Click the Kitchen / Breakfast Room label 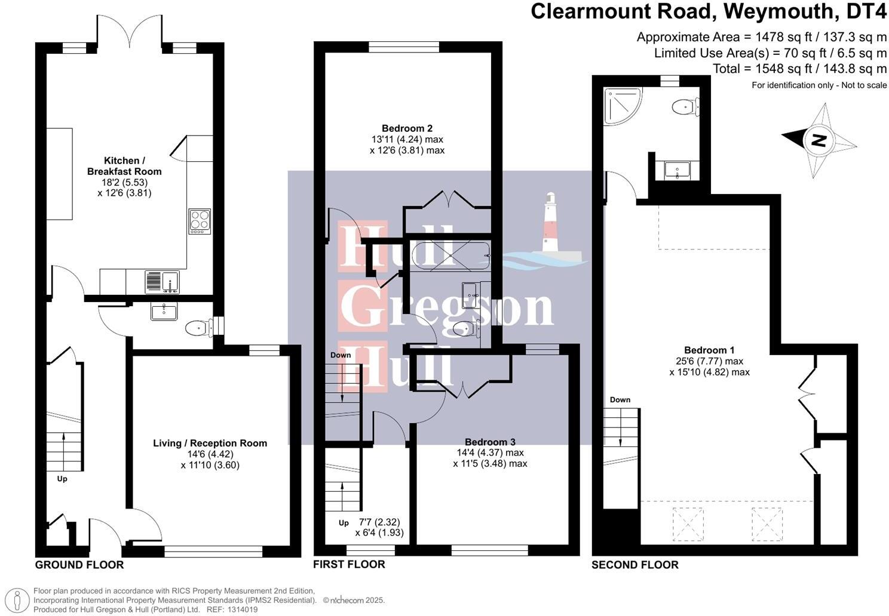click(124, 166)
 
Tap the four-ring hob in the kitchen click(200, 221)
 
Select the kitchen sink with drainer click(163, 282)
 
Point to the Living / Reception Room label click(210, 443)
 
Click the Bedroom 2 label click(407, 128)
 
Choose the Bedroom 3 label click(490, 442)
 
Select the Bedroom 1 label click(709, 350)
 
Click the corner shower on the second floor click(621, 106)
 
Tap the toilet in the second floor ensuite click(685, 107)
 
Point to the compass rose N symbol click(819, 141)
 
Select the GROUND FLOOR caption click(79, 565)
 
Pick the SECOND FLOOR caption click(635, 565)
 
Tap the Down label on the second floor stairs click(620, 400)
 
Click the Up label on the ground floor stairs click(62, 479)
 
